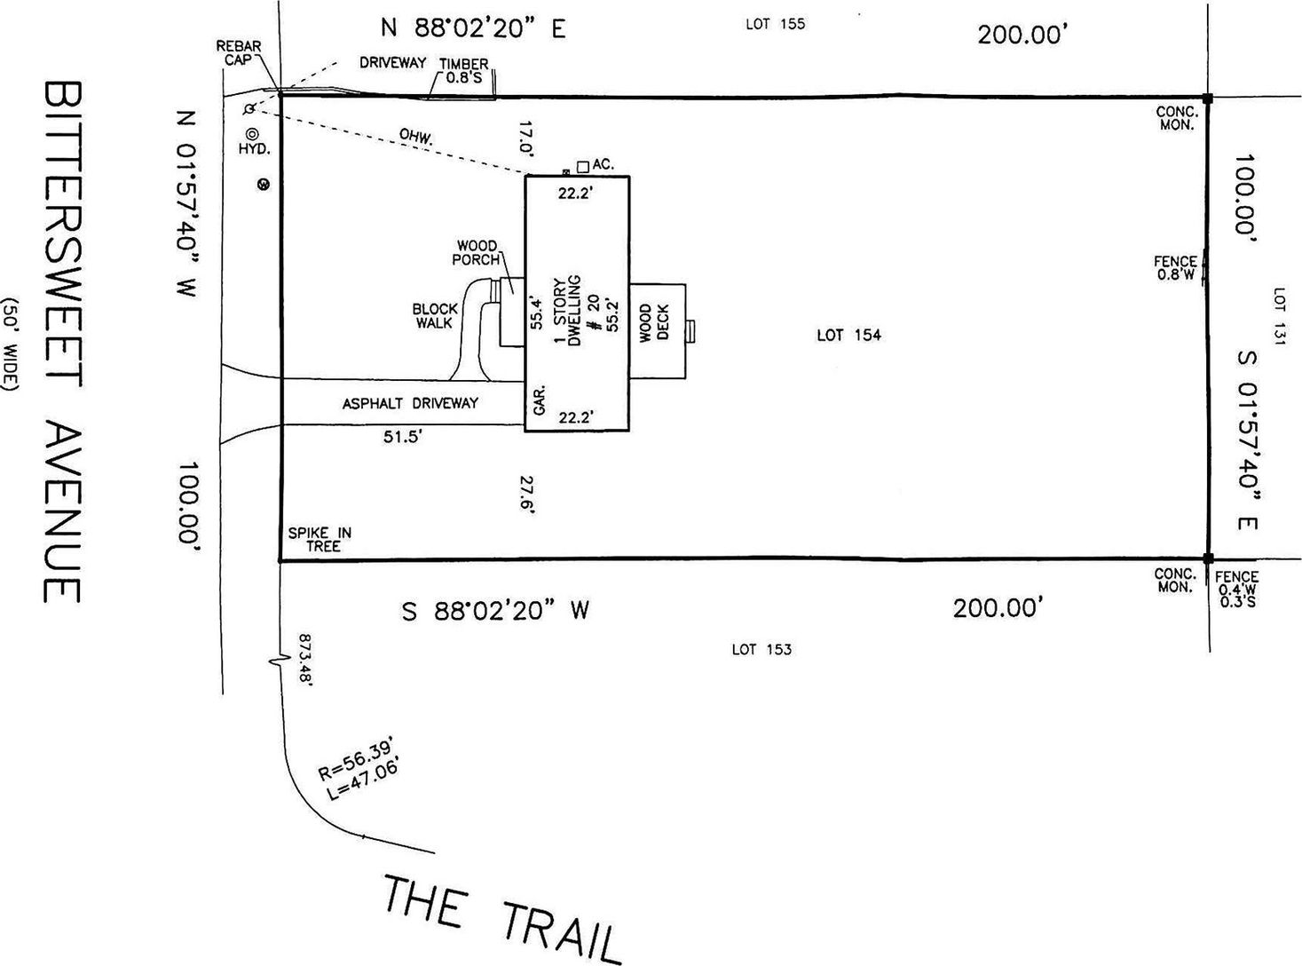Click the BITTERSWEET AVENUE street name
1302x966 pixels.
point(61,342)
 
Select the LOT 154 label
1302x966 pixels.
point(848,335)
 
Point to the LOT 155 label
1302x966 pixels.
point(775,24)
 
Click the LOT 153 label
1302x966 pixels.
point(761,649)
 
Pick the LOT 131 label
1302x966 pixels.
point(1279,316)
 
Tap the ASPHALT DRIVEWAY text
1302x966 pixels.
point(410,403)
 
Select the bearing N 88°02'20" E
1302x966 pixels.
point(473,28)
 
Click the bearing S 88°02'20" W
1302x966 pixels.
point(495,611)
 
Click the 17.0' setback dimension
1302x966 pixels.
point(526,138)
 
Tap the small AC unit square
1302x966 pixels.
point(582,166)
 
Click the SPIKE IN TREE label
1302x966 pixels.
point(320,540)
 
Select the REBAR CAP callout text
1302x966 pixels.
point(238,52)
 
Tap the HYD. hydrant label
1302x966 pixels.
point(253,149)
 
